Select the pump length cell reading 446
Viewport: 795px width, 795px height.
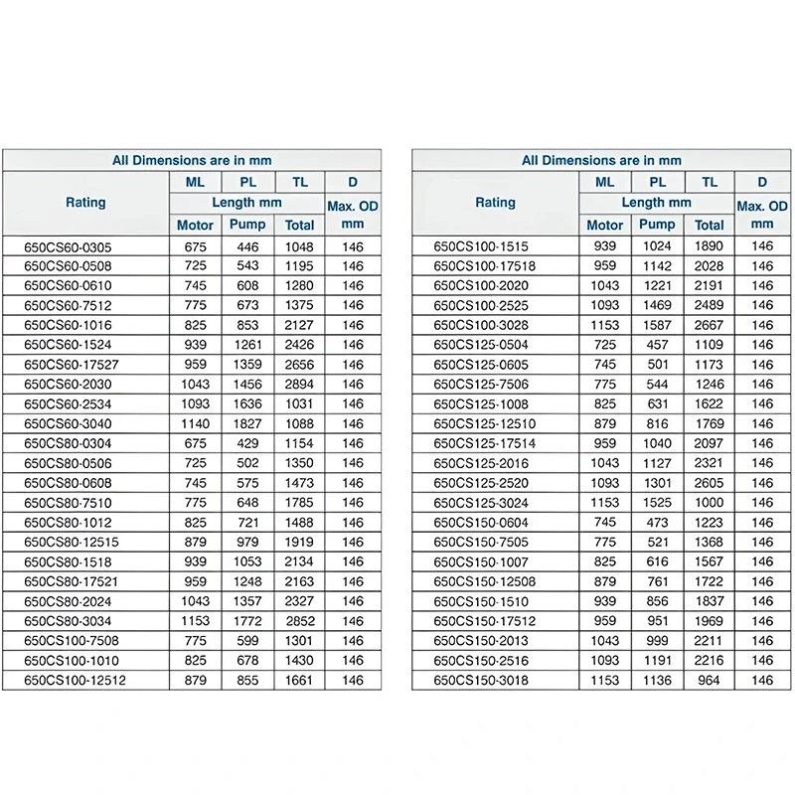coord(247,246)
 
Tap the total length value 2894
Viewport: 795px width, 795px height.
coord(299,385)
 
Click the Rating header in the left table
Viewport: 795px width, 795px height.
coord(85,203)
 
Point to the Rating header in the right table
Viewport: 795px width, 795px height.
coord(495,203)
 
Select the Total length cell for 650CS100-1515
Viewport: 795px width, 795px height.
coord(709,246)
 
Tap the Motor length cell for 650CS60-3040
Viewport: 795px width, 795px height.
coord(195,423)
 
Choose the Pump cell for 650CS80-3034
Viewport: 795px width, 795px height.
coord(247,621)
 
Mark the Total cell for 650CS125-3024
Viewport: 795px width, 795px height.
coord(709,503)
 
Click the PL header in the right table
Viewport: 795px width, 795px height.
coord(657,182)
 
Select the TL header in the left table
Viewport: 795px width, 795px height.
coord(299,182)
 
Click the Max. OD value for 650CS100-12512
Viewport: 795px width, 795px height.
coord(353,680)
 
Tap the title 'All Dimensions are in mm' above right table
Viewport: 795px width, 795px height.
coord(601,160)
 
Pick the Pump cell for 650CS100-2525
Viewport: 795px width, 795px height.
coord(657,305)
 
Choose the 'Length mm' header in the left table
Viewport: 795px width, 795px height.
coord(246,203)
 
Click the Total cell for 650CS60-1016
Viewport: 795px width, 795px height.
coord(299,325)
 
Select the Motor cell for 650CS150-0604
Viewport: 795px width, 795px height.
coord(605,523)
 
